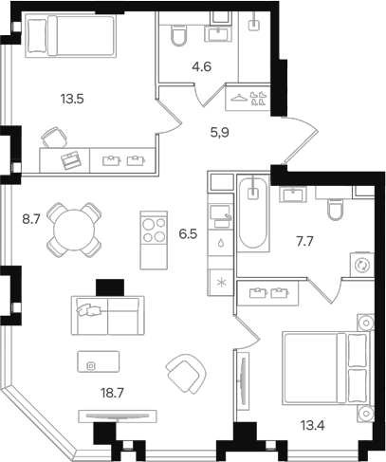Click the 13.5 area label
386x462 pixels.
tap(72, 99)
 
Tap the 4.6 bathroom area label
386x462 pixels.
tap(201, 66)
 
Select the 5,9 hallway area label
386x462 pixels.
tap(219, 133)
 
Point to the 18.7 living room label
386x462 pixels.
tap(112, 393)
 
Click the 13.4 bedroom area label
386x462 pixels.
tap(313, 426)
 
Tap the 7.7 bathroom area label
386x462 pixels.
tap(304, 242)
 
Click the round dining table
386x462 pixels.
tap(74, 230)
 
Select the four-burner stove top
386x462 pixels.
tap(154, 231)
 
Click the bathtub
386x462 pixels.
tap(253, 213)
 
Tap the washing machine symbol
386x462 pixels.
tap(362, 265)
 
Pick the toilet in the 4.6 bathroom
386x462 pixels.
tap(178, 35)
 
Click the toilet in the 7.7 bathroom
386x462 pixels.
tap(335, 209)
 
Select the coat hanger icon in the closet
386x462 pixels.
tap(240, 98)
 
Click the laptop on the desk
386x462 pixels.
tap(71, 160)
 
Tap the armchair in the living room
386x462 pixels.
tap(186, 373)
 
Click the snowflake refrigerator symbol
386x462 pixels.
tap(221, 282)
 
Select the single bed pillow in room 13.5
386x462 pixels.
tap(38, 35)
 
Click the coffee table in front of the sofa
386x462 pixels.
tap(99, 361)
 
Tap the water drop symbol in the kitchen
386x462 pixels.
tap(221, 243)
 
